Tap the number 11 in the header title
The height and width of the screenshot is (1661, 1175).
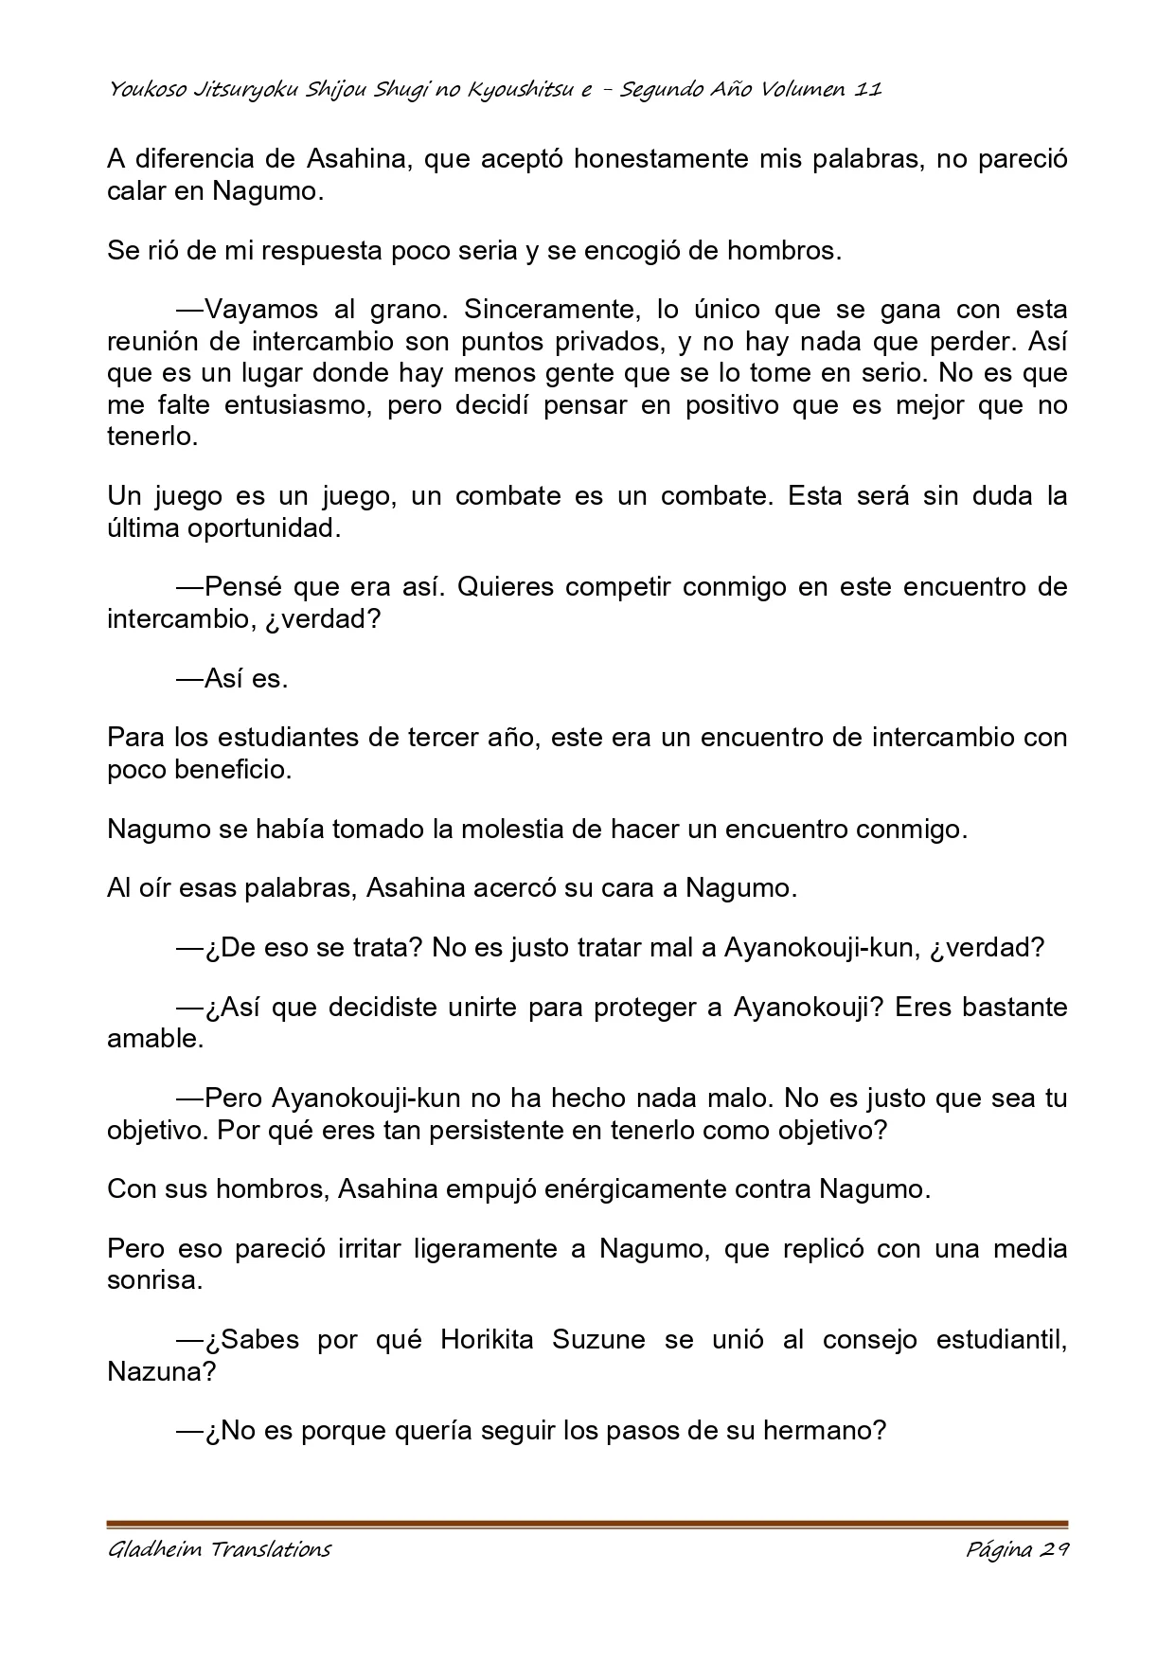click(x=868, y=90)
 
